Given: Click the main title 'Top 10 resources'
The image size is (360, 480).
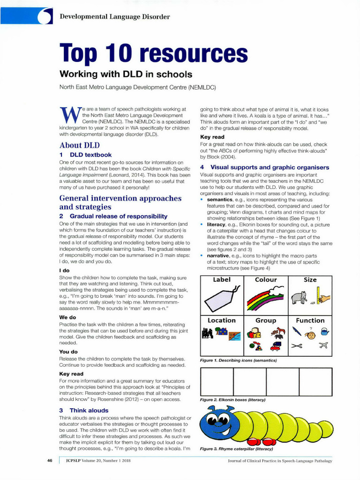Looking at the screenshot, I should (x=153, y=54).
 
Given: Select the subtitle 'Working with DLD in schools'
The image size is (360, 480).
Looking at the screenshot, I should (x=125, y=74).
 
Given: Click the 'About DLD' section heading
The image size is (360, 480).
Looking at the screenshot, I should (x=79, y=145).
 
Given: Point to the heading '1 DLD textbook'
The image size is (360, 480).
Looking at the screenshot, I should (x=85, y=155).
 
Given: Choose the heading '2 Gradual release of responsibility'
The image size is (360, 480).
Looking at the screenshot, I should (x=113, y=216).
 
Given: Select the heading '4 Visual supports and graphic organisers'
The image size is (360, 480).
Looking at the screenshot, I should (x=264, y=167).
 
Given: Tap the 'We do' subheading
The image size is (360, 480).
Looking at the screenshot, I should (x=67, y=317).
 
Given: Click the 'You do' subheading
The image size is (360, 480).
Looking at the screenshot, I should (x=68, y=352).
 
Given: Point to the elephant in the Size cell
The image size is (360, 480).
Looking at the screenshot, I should (x=299, y=297).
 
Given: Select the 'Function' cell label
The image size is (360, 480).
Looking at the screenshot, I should (x=310, y=321).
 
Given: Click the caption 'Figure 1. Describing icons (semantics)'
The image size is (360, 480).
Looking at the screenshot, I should (x=238, y=360).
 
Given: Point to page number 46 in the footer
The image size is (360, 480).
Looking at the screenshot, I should (x=50, y=460).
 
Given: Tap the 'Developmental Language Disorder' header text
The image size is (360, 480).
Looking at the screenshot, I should (x=115, y=17).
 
